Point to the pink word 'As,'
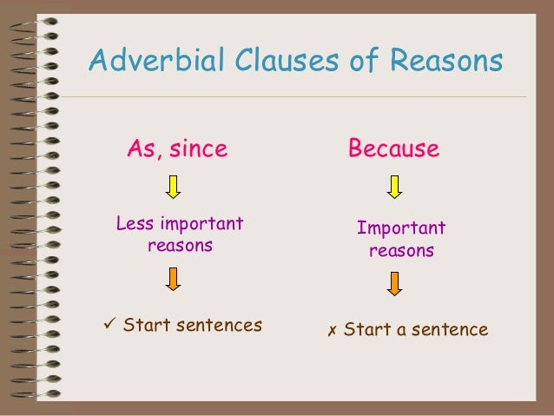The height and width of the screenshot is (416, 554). pos(144,149)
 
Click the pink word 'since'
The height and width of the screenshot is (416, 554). pos(199,149)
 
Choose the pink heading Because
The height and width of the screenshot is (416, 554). pos(393,149)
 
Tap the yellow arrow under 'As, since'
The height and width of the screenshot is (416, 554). pos(173,186)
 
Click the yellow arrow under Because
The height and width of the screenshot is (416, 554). pos(394,186)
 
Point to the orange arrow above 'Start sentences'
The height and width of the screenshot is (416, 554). pos(173,278)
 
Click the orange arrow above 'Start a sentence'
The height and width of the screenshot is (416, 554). pos(395,282)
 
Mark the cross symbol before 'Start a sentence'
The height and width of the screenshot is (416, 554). pos(332,331)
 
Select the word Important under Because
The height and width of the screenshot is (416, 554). pos(401,228)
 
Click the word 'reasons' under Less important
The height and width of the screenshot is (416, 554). pos(180,246)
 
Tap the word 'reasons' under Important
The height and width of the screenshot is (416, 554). pos(401,251)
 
